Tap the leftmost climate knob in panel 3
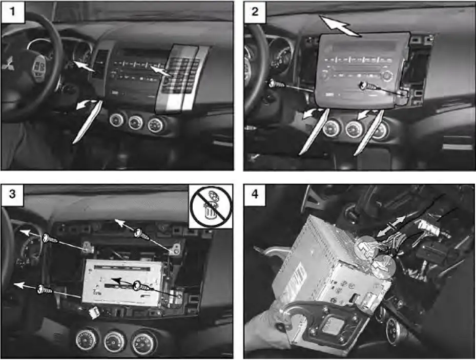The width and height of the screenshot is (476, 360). tap(87, 339)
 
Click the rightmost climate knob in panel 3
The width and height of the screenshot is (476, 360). tap(143, 342)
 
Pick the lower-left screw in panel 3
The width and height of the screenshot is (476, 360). tap(44, 290)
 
